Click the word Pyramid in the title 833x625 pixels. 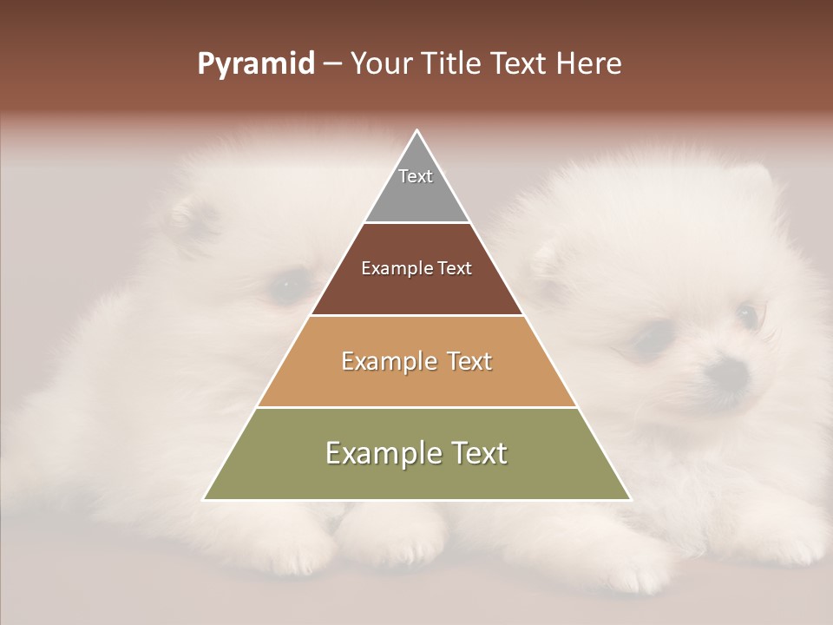(x=255, y=64)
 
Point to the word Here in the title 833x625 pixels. (x=589, y=64)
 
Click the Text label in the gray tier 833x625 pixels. (x=416, y=176)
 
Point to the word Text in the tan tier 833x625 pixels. (x=464, y=361)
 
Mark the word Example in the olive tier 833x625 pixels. (x=378, y=453)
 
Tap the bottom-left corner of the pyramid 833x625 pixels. (x=205, y=499)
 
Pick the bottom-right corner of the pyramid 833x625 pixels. (x=630, y=499)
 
